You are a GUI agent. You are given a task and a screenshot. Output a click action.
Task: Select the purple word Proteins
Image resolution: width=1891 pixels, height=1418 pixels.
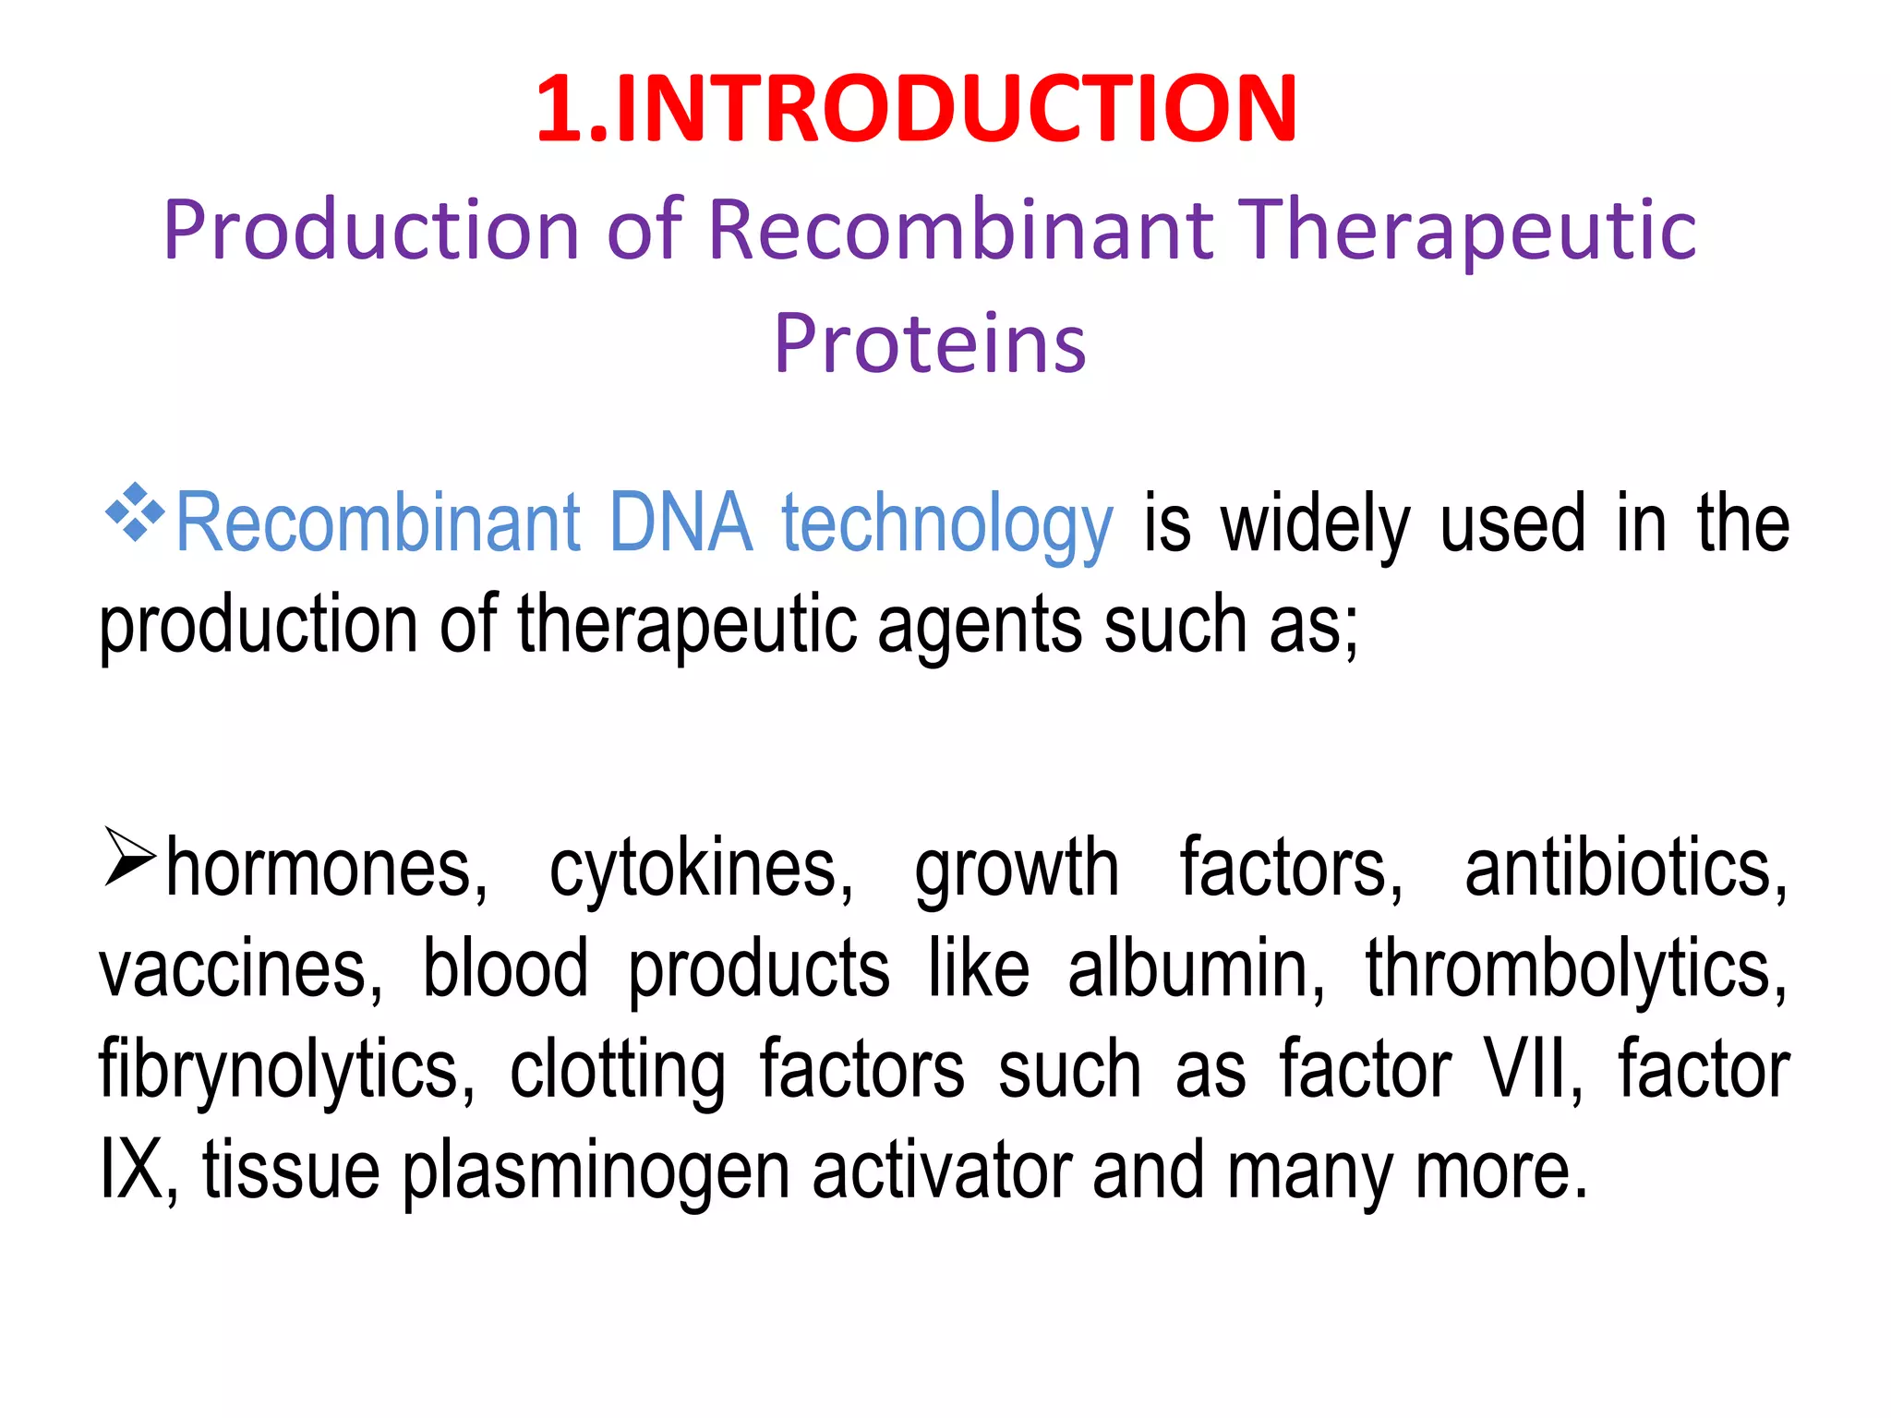point(930,343)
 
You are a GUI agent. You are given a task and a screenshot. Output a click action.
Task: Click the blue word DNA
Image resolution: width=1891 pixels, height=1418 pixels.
point(681,523)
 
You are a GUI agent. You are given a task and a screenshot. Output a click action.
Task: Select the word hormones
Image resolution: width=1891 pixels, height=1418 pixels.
point(326,870)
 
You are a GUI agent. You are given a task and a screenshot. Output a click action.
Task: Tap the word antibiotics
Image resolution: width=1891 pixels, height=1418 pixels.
point(1625,870)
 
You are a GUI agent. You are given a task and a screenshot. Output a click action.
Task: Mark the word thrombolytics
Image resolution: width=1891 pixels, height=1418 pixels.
point(1575,971)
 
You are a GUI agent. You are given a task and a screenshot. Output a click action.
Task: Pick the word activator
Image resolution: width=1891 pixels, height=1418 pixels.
point(942,1171)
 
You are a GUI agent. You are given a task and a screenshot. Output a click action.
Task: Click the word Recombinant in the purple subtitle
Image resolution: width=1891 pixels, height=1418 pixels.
point(960,231)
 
